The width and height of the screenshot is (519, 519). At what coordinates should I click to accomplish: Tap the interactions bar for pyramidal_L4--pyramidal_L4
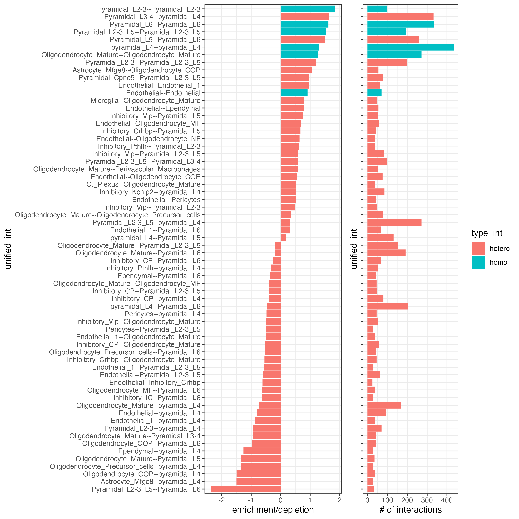[x=410, y=47]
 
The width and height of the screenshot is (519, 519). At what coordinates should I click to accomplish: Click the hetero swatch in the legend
[x=478, y=248]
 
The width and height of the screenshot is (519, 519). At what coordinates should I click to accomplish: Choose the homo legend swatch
[x=478, y=262]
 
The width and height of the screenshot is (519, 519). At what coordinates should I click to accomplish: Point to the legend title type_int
[x=487, y=233]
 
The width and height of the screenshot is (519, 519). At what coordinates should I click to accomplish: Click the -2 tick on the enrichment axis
[x=222, y=500]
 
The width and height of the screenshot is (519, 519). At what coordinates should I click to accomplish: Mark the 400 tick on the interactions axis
[x=447, y=500]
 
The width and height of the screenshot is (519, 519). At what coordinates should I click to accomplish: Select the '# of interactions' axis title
[x=410, y=510]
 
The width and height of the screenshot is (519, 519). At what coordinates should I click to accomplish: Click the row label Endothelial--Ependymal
[x=163, y=108]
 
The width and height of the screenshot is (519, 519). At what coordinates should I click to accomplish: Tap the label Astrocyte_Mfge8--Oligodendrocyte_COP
[x=136, y=70]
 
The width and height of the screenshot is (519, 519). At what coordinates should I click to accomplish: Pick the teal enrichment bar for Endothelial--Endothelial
[x=294, y=93]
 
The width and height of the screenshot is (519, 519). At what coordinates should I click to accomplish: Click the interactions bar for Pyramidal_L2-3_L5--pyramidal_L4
[x=394, y=222]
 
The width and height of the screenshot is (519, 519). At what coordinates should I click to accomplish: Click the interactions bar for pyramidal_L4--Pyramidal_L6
[x=387, y=306]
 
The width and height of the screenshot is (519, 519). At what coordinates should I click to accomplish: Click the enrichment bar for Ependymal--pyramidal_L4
[x=262, y=451]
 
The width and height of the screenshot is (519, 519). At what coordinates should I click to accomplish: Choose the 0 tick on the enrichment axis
[x=280, y=500]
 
